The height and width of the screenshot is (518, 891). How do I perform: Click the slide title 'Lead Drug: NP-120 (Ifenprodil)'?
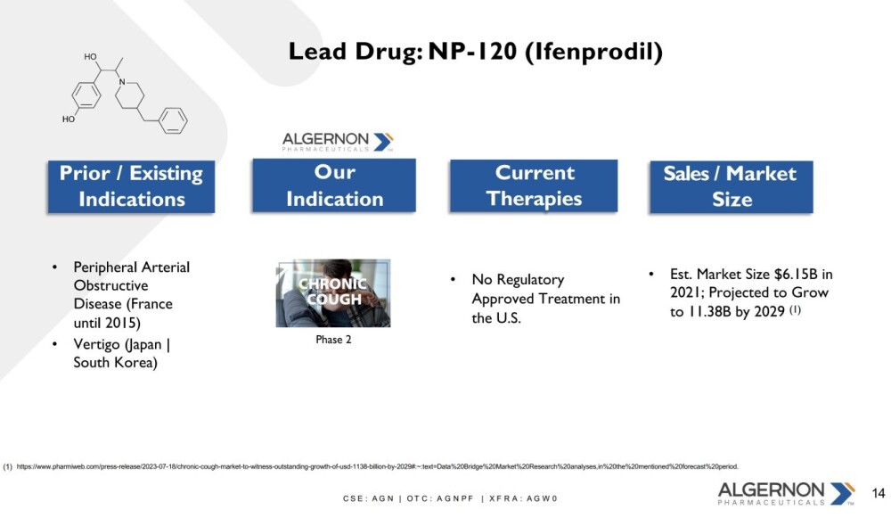pyautogui.click(x=475, y=52)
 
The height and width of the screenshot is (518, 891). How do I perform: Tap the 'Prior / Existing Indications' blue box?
pyautogui.click(x=131, y=186)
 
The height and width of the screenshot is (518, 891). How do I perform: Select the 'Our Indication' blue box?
pyautogui.click(x=334, y=185)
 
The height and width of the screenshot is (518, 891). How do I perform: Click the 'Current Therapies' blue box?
pyautogui.click(x=534, y=186)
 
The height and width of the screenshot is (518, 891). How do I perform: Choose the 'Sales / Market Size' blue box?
pyautogui.click(x=732, y=187)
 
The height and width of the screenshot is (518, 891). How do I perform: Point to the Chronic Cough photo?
pyautogui.click(x=333, y=293)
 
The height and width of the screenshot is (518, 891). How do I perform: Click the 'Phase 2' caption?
pyautogui.click(x=333, y=340)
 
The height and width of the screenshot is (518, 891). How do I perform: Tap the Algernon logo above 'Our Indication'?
pyautogui.click(x=338, y=141)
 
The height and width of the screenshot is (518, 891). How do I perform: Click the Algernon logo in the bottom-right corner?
pyautogui.click(x=786, y=493)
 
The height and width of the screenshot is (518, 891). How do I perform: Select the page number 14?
pyautogui.click(x=879, y=493)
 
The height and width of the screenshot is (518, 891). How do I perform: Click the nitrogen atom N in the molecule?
pyautogui.click(x=121, y=82)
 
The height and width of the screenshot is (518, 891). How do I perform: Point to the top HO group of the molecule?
pyautogui.click(x=90, y=57)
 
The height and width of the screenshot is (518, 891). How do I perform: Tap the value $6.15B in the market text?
pyautogui.click(x=796, y=274)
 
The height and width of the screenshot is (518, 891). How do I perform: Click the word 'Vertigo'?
pyautogui.click(x=96, y=344)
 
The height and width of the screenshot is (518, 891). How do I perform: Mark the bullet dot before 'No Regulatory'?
pyautogui.click(x=453, y=279)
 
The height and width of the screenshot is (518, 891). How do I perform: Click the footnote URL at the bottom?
pyautogui.click(x=377, y=466)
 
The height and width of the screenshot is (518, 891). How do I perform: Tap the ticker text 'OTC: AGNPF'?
pyautogui.click(x=440, y=498)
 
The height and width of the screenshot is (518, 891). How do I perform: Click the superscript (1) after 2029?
pyautogui.click(x=795, y=309)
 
